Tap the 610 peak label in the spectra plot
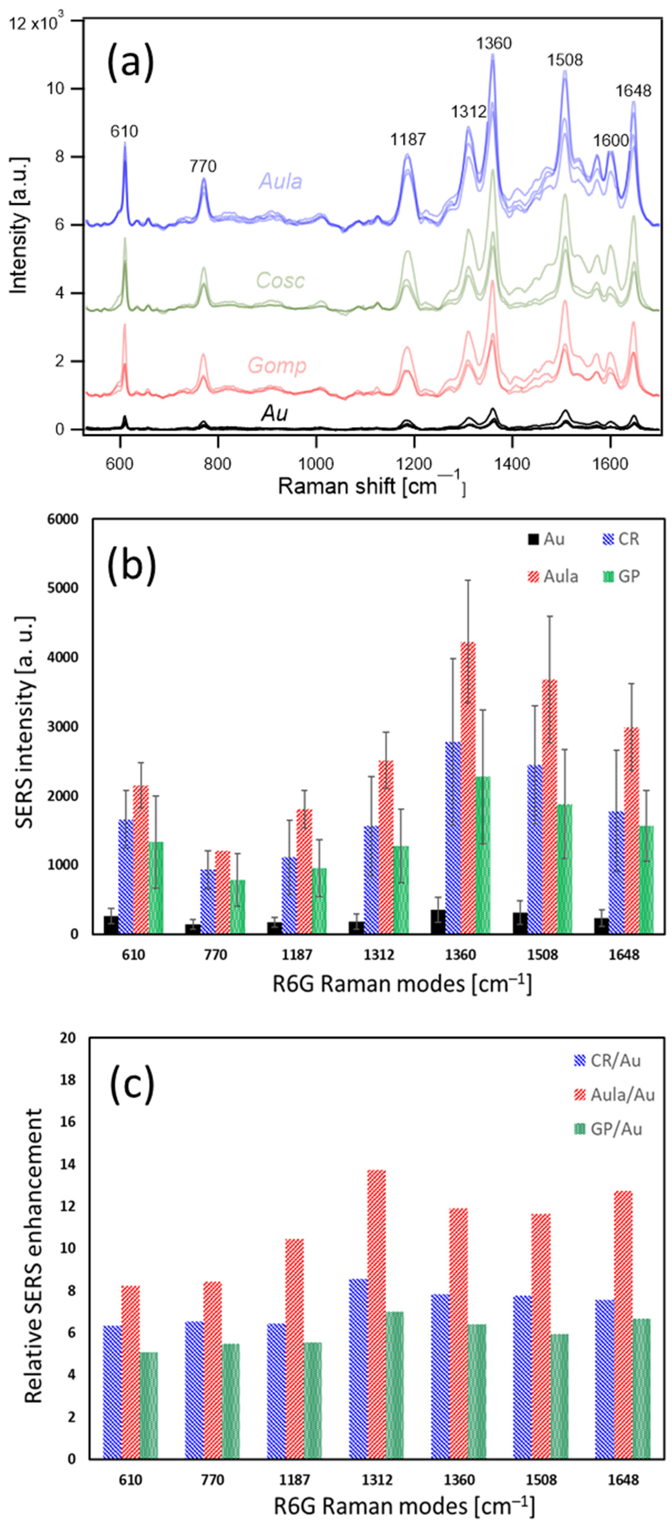pyautogui.click(x=124, y=131)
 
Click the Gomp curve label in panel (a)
pyautogui.click(x=277, y=365)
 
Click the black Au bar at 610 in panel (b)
pyautogui.click(x=111, y=925)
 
